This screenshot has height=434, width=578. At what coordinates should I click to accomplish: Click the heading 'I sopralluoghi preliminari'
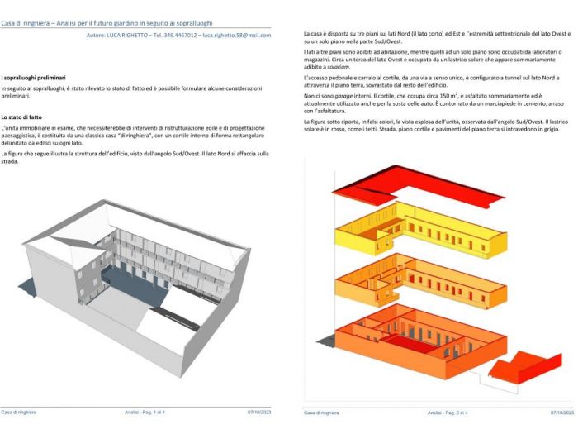click(x=36, y=77)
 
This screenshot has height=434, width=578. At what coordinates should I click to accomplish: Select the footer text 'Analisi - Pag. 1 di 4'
click(x=145, y=412)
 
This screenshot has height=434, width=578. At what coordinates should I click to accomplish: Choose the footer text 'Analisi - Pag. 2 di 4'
click(x=448, y=412)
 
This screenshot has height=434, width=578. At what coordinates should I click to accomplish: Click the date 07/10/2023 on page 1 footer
click(x=258, y=412)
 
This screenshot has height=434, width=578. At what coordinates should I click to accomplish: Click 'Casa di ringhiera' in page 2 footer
click(x=321, y=412)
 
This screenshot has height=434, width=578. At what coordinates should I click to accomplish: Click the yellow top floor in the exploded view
click(x=413, y=234)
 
